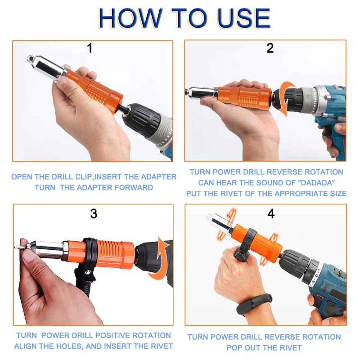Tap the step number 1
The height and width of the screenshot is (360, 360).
(90, 48)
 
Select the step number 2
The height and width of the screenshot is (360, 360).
(270, 48)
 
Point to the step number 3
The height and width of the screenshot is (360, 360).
(94, 214)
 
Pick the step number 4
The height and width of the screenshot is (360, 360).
(271, 214)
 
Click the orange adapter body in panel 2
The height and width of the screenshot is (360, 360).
(244, 96)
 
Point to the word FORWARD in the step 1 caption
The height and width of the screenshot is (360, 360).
(134, 188)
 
